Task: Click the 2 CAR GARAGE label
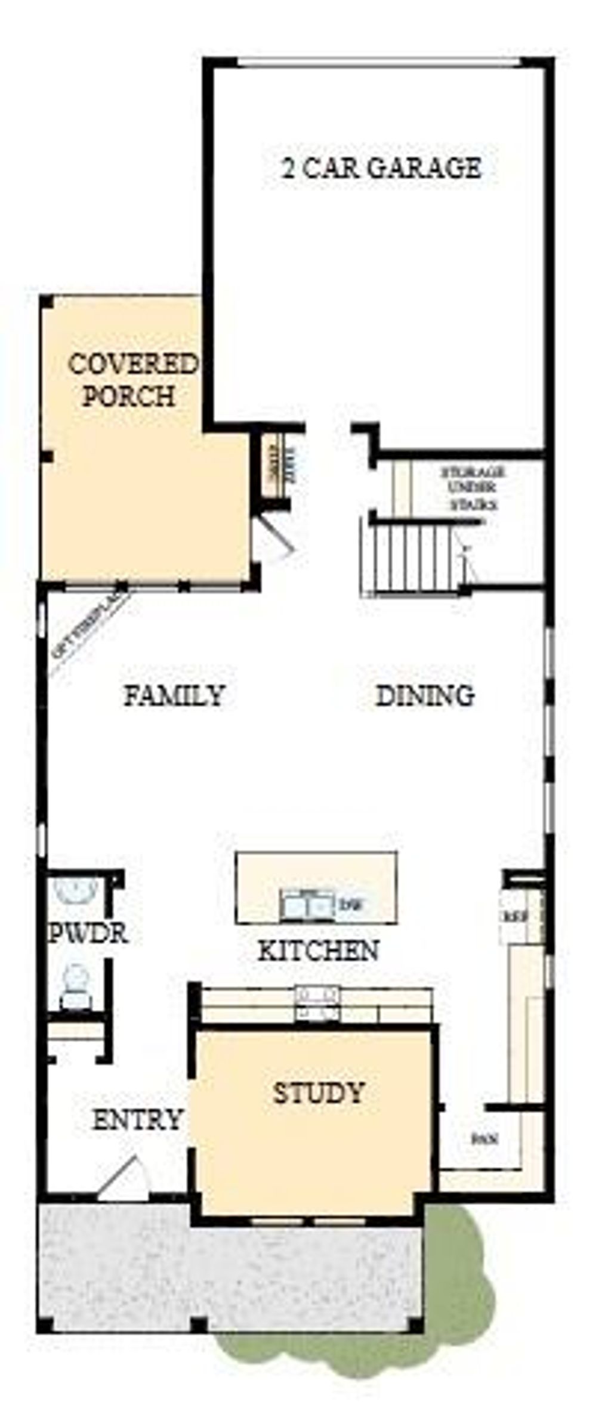(381, 168)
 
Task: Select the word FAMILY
(174, 695)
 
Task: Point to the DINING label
(425, 695)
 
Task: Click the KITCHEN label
(318, 950)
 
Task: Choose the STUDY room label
(318, 1092)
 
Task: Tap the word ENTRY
(137, 1120)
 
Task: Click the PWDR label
(88, 934)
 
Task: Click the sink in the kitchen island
(307, 906)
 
